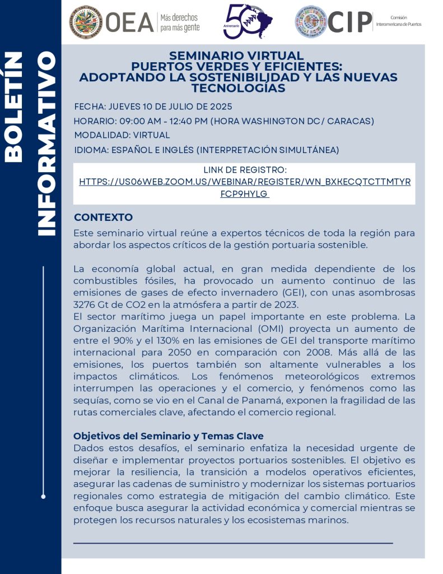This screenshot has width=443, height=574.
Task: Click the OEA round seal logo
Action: (x=86, y=22)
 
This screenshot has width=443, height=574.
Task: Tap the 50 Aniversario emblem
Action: (x=247, y=22)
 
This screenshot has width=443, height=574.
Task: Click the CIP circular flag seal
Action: (x=311, y=22)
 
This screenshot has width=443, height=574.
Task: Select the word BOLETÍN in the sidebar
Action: (x=14, y=107)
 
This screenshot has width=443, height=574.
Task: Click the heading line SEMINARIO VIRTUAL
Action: (x=236, y=55)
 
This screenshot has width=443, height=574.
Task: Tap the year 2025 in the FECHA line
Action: (x=219, y=107)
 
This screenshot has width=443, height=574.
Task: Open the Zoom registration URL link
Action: (x=245, y=183)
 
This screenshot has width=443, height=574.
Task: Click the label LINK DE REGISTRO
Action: (x=244, y=170)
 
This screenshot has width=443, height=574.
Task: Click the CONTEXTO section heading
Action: (x=103, y=217)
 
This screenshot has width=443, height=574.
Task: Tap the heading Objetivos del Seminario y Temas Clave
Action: (x=169, y=436)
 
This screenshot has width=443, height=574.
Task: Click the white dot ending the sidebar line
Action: (x=43, y=496)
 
